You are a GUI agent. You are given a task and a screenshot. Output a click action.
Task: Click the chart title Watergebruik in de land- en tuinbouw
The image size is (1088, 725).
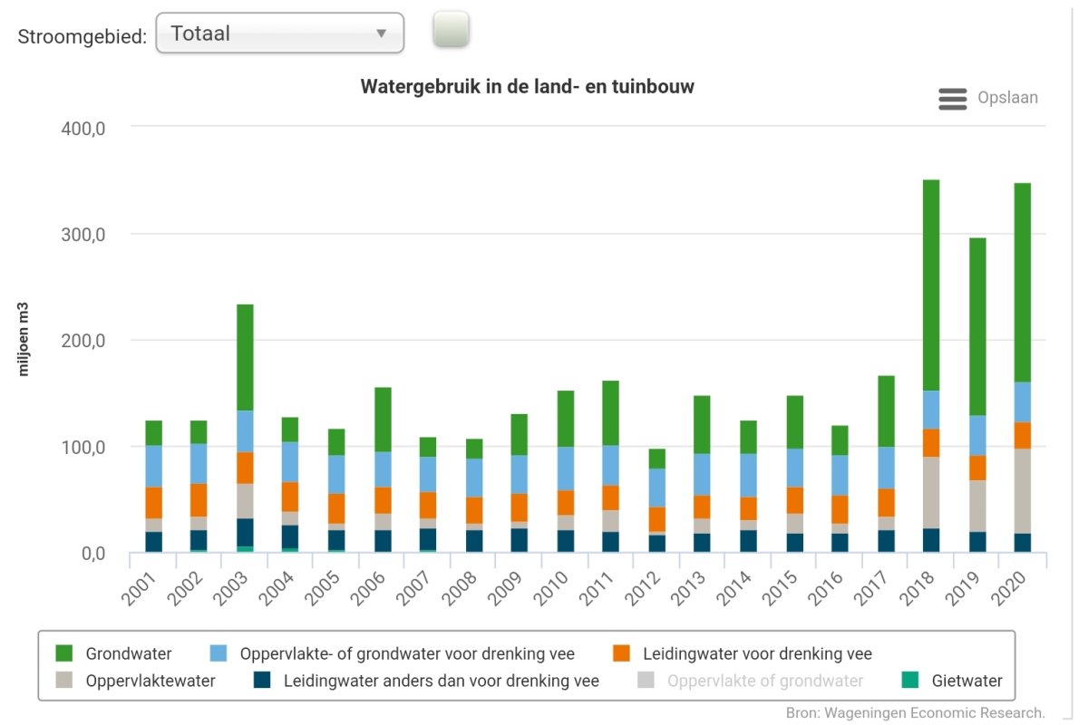tap(527, 87)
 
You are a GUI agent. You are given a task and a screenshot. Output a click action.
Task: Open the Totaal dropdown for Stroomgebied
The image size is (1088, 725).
tap(279, 34)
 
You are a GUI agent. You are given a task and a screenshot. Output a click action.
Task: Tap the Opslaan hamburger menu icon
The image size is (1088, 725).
tap(953, 99)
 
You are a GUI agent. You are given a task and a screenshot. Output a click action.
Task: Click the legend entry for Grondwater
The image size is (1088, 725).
tap(128, 653)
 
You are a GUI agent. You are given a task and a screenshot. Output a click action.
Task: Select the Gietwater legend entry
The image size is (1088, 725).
tap(967, 681)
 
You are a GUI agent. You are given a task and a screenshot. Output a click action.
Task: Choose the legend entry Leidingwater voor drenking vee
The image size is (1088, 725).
tap(756, 653)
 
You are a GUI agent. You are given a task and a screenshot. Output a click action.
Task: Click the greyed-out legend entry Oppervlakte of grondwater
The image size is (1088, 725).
tap(764, 681)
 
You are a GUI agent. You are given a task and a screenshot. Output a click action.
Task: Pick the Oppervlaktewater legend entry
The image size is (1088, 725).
tap(151, 681)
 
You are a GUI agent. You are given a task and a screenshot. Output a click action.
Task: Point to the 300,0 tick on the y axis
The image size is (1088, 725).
tap(83, 235)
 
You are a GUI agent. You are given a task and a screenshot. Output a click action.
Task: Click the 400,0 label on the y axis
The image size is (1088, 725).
tap(83, 129)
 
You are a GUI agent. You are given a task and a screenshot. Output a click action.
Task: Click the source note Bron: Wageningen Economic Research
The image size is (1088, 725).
tap(916, 712)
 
